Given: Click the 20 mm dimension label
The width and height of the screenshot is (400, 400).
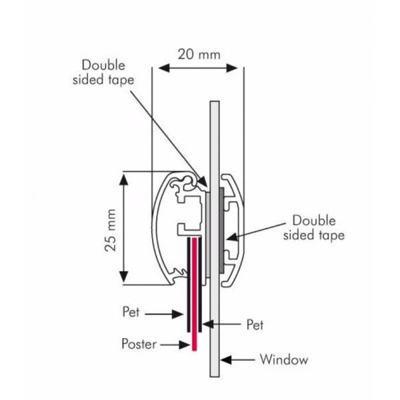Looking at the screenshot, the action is (199, 55).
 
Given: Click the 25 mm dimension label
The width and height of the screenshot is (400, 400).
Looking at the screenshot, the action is (111, 230).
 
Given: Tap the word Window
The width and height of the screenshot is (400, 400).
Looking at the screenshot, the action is (284, 359).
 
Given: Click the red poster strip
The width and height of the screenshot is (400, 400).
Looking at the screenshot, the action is (195, 294).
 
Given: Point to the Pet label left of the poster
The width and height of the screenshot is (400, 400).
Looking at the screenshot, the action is (131, 311).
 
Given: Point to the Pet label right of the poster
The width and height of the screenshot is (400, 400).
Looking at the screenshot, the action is (255, 325).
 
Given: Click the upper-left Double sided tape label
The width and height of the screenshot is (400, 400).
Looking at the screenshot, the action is (103, 73).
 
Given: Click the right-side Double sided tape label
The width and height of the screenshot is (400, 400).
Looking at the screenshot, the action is (314, 227).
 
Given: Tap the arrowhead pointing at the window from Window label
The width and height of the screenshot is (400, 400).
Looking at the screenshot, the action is (226, 360).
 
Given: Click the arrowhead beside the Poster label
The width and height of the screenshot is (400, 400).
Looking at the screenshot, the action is (185, 345).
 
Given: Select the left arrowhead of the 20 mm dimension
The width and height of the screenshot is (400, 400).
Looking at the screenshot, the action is (164, 68).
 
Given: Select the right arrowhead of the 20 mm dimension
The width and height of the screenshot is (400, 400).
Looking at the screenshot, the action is (232, 68).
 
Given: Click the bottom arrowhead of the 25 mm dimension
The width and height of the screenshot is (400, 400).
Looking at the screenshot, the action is (123, 277).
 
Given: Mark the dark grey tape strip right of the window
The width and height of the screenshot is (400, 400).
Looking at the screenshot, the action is (221, 229).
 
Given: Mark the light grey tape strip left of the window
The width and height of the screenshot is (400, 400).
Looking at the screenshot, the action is (208, 235).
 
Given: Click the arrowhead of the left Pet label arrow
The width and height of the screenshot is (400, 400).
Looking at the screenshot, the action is (178, 314).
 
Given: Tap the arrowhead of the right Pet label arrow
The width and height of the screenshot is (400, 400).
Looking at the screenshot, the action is (208, 324).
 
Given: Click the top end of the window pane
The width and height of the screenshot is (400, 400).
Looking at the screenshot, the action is (215, 101).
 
